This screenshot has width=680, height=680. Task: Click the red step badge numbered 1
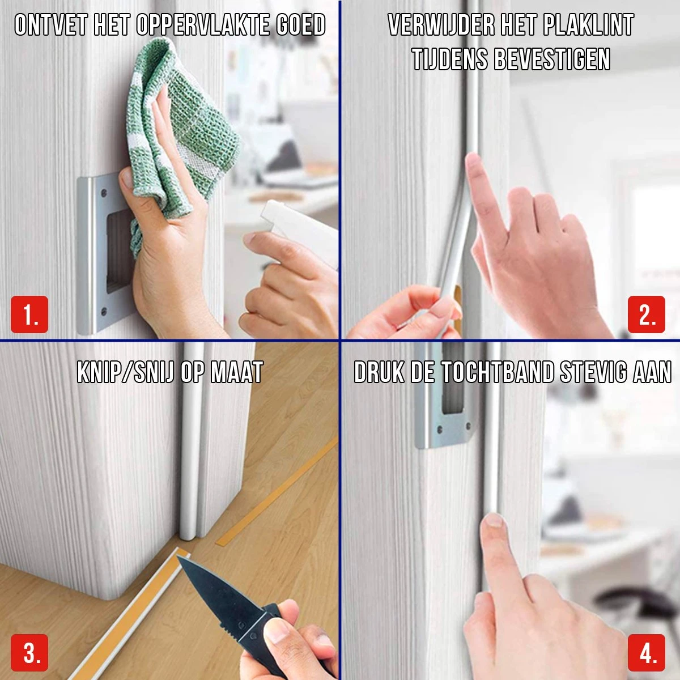click(29, 314)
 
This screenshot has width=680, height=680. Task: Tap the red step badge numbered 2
click(647, 314)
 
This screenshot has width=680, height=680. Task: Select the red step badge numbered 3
click(29, 653)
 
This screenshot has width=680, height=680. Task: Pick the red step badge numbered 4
click(647, 653)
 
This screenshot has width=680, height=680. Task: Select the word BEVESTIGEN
click(552, 59)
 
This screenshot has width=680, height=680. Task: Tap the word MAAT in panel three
click(237, 372)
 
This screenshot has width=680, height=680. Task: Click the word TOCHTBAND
click(497, 372)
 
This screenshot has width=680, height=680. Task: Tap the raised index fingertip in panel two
click(473, 160)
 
